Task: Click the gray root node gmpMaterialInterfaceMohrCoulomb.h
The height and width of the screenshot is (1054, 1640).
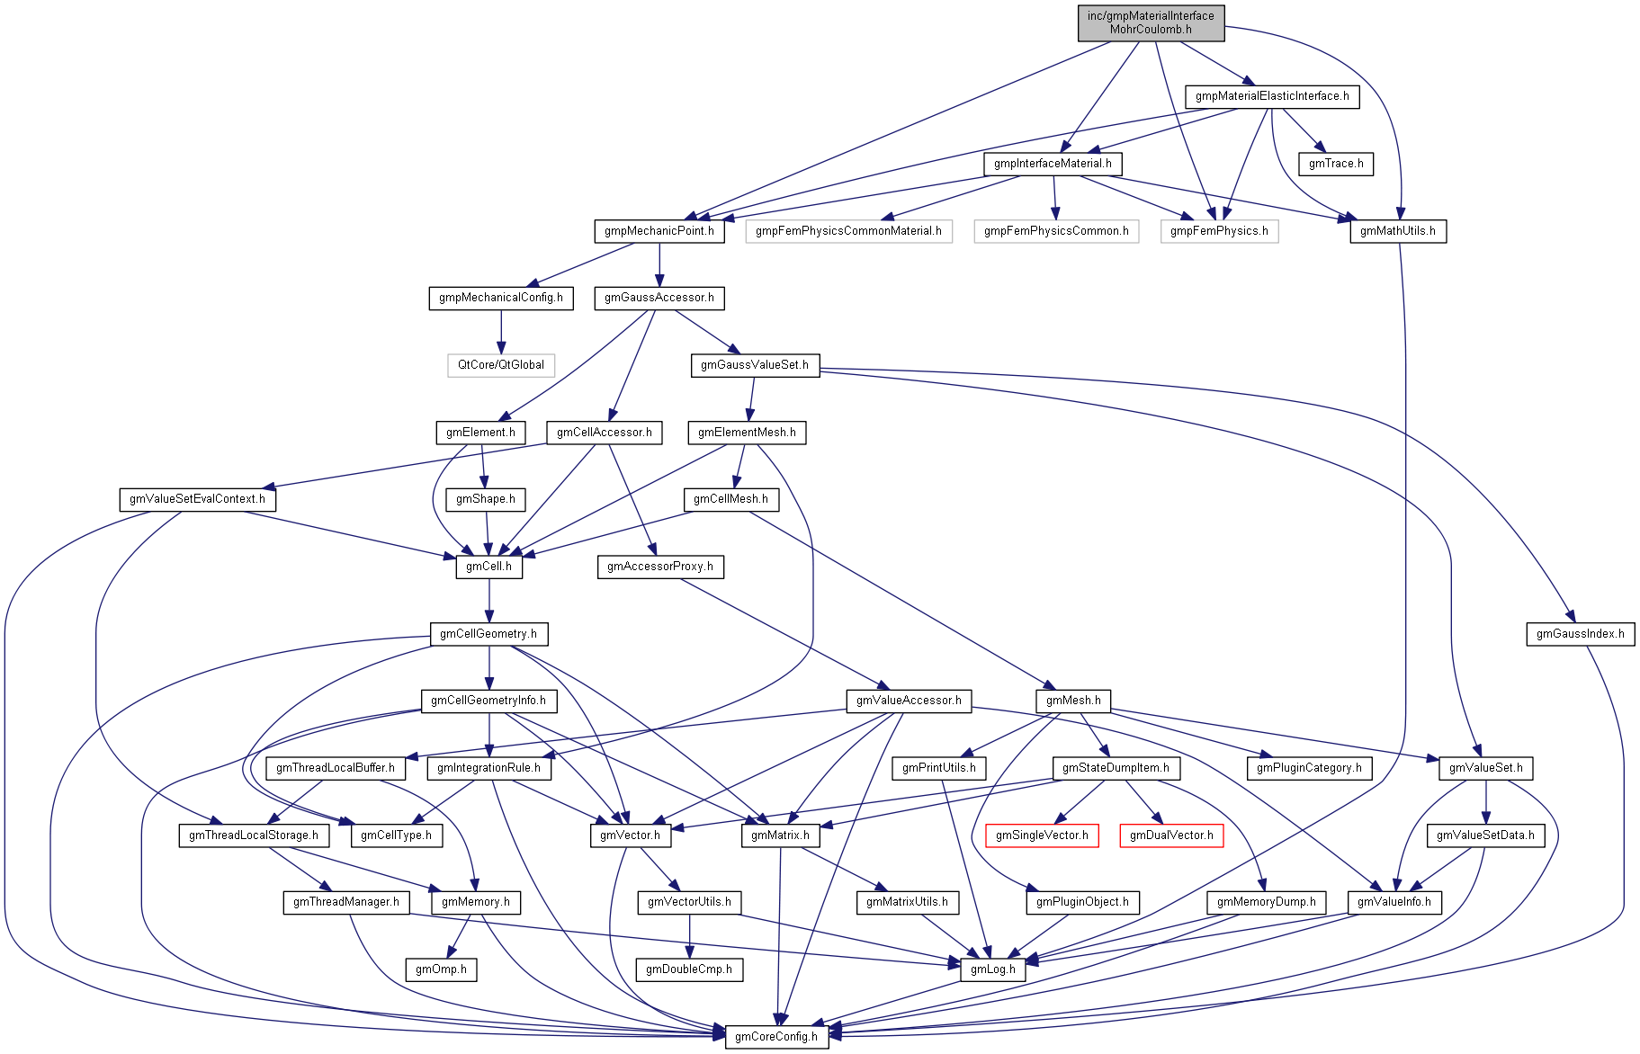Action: pyautogui.click(x=1151, y=22)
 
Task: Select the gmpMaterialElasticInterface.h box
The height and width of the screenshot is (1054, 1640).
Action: pyautogui.click(x=1271, y=96)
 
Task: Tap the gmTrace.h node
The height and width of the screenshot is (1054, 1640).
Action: pyautogui.click(x=1335, y=164)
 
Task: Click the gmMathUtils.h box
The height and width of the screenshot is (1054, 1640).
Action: pyautogui.click(x=1397, y=231)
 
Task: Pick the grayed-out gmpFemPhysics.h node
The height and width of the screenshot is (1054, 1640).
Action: pyautogui.click(x=1219, y=231)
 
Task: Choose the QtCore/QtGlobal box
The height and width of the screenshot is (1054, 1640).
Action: pyautogui.click(x=500, y=365)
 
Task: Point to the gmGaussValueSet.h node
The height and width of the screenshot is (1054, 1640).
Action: pyautogui.click(x=754, y=365)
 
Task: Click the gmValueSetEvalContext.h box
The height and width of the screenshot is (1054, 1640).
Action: pyautogui.click(x=197, y=499)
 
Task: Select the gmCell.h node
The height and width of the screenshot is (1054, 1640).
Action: pyautogui.click(x=488, y=567)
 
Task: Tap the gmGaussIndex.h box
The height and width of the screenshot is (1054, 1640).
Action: pyautogui.click(x=1580, y=634)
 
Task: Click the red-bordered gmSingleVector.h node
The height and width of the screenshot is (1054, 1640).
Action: pyautogui.click(x=1041, y=835)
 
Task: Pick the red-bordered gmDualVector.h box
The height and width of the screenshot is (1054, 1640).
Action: pyautogui.click(x=1170, y=835)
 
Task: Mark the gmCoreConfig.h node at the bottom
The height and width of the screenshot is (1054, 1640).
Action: pyautogui.click(x=775, y=1036)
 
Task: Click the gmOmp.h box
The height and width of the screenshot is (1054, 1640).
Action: pyautogui.click(x=441, y=969)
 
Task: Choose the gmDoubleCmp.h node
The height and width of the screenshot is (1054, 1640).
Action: pyautogui.click(x=689, y=969)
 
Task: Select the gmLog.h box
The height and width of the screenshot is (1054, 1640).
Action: pyautogui.click(x=992, y=969)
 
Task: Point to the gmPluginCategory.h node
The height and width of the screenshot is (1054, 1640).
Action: pyautogui.click(x=1309, y=768)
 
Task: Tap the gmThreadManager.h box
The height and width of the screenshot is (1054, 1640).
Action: pyautogui.click(x=346, y=902)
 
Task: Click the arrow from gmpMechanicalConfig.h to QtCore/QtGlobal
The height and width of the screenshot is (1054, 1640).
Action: pyautogui.click(x=501, y=331)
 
